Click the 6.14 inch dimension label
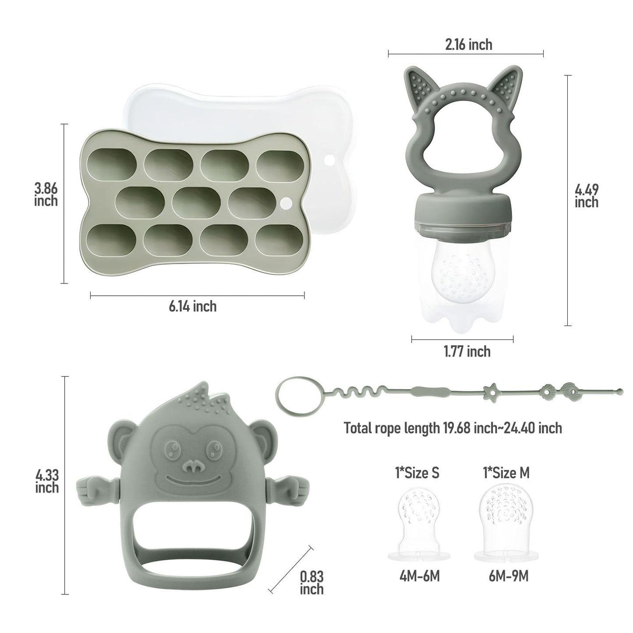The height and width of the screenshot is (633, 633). tap(193, 306)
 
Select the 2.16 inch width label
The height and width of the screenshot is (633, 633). tap(468, 45)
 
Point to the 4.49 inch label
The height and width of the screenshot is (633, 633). tap(587, 196)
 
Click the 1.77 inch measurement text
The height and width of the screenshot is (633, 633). tap(467, 351)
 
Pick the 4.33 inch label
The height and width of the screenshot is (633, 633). tap(47, 481)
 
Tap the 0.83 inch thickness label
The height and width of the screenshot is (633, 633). tap(311, 582)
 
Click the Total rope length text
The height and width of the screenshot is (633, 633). tap(453, 428)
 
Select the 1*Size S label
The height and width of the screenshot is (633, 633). tap(417, 473)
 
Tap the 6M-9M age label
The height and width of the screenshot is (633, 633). tap(508, 576)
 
